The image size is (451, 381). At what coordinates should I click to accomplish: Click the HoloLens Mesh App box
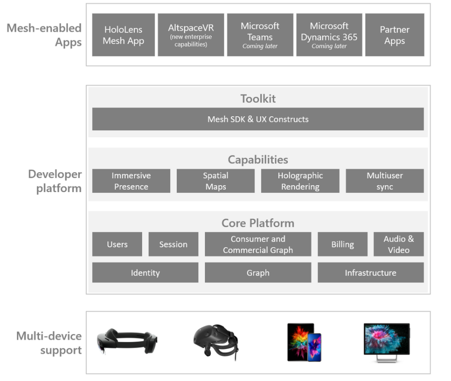123,35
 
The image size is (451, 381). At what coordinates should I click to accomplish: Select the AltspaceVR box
191,35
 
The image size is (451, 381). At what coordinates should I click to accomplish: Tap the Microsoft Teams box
260,35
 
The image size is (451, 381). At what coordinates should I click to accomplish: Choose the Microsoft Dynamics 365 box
329,35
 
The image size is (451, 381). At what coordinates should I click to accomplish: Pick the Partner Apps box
395,35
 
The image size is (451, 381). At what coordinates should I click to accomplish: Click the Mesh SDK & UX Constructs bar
258,119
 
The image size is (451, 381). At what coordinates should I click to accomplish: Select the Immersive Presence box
131,181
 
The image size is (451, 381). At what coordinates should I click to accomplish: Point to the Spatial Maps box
215,181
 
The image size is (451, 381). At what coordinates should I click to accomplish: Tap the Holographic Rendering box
300,181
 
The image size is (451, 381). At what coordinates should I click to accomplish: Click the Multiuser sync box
384,181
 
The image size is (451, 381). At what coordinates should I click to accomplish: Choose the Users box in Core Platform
117,244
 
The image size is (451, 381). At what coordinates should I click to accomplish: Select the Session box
173,244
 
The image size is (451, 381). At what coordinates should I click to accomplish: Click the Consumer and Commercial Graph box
258,244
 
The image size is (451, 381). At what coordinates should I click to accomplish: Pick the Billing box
342,244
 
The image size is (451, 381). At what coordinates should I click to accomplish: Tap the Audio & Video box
398,244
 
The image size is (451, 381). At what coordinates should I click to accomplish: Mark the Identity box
145,273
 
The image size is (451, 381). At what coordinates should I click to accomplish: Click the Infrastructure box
370,273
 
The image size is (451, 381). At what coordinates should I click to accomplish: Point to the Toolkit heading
258,98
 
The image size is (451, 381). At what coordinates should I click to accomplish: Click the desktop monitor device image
386,341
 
